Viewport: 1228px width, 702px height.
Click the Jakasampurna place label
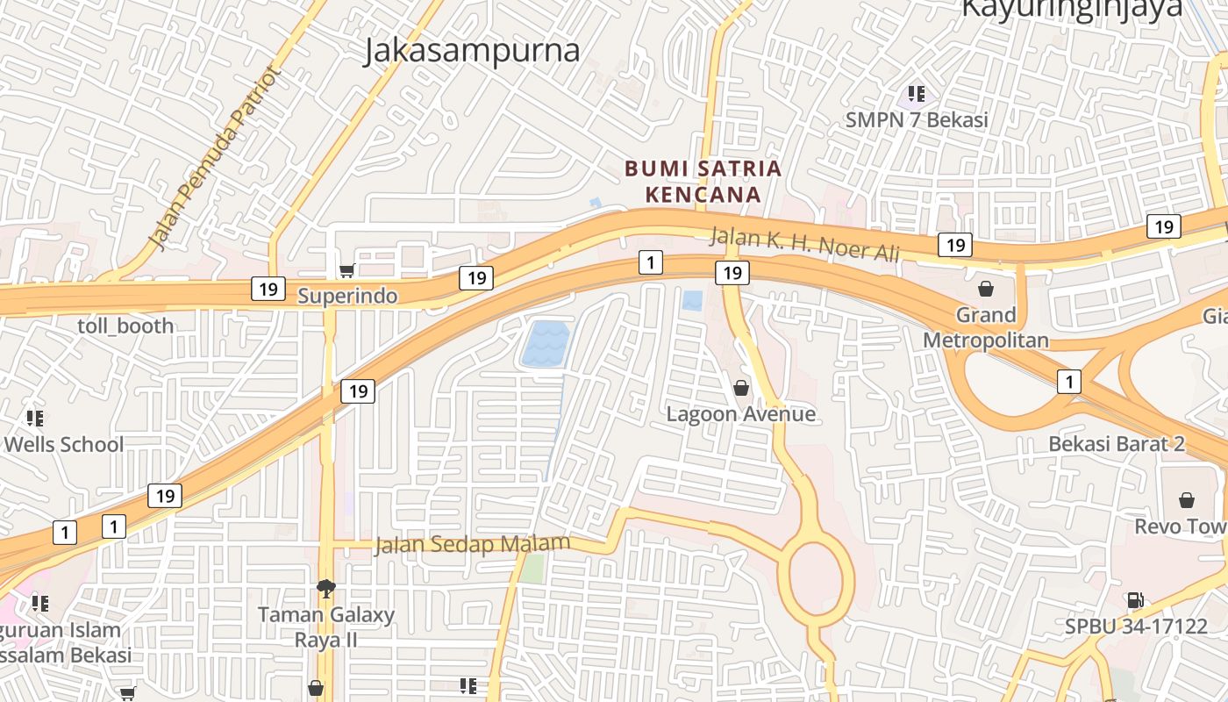click(472, 51)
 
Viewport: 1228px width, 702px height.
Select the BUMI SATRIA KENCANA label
click(703, 181)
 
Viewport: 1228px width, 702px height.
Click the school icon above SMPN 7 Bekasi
click(917, 93)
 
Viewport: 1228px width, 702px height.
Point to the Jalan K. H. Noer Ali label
click(804, 244)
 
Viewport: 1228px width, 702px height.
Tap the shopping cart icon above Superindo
click(347, 271)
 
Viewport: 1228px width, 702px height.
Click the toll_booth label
click(125, 326)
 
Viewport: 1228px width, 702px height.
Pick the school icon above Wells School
click(35, 418)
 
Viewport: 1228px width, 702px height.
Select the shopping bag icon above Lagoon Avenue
click(741, 387)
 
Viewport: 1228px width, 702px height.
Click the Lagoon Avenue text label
click(741, 413)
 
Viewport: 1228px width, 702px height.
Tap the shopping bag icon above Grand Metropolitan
click(986, 288)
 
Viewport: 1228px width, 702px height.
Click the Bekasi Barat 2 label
click(1117, 443)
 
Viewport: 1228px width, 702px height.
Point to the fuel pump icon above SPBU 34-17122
click(1135, 600)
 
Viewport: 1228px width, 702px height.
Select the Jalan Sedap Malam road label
click(472, 545)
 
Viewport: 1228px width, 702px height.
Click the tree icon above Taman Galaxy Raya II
click(325, 588)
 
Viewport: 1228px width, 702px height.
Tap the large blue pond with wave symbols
click(545, 344)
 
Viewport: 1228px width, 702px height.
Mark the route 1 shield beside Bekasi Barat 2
click(1068, 382)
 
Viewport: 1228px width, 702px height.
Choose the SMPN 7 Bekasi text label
click(917, 119)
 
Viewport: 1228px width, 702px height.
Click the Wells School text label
click(64, 444)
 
